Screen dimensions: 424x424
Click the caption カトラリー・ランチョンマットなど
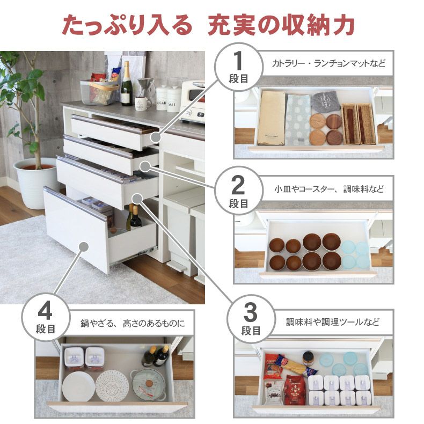coord(328,63)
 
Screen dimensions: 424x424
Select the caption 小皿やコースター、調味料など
coord(329,189)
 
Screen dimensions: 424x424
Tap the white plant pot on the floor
coord(35,182)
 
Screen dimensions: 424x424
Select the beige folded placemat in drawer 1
coord(271,118)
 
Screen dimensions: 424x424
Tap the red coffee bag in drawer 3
coord(294,389)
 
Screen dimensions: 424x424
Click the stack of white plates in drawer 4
coord(78,385)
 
